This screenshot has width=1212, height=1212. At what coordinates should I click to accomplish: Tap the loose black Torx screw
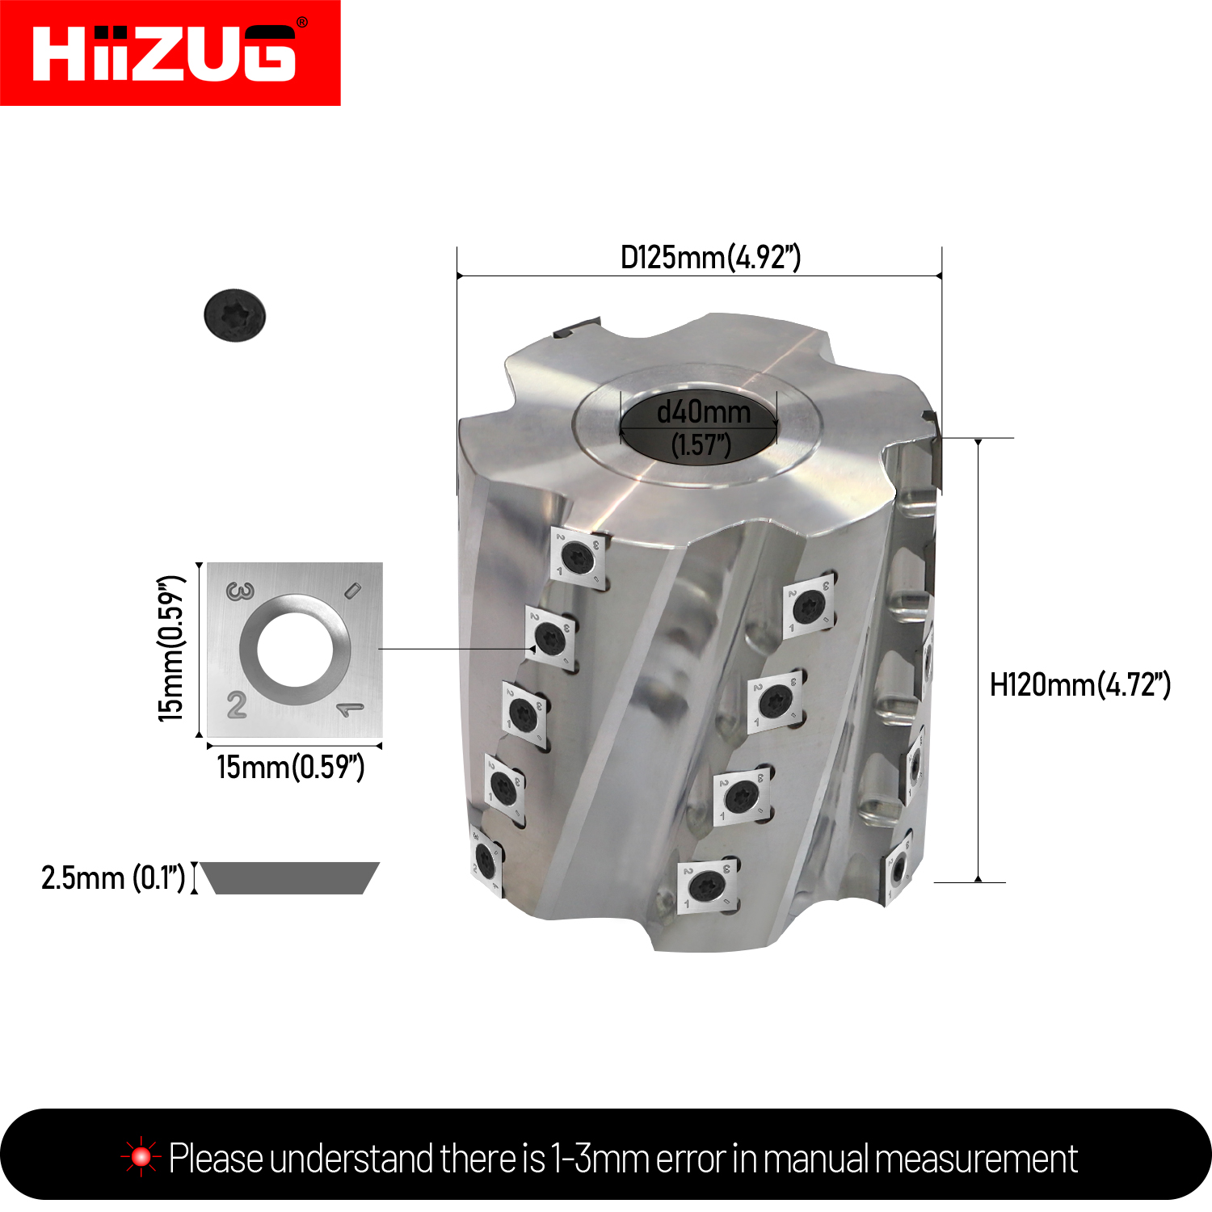pyautogui.click(x=235, y=315)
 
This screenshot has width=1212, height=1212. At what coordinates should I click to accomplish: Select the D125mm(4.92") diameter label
pyautogui.click(x=710, y=258)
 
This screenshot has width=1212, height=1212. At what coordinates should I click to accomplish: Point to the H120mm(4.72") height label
pyautogui.click(x=1080, y=685)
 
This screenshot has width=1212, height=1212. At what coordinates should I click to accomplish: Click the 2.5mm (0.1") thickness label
pyautogui.click(x=113, y=877)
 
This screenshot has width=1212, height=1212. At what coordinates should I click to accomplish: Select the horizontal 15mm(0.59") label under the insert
pyautogui.click(x=291, y=767)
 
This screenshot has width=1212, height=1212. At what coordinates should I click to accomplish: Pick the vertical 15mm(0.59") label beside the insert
pyautogui.click(x=171, y=649)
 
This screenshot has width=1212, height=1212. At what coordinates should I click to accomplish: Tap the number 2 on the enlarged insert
pyautogui.click(x=237, y=705)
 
